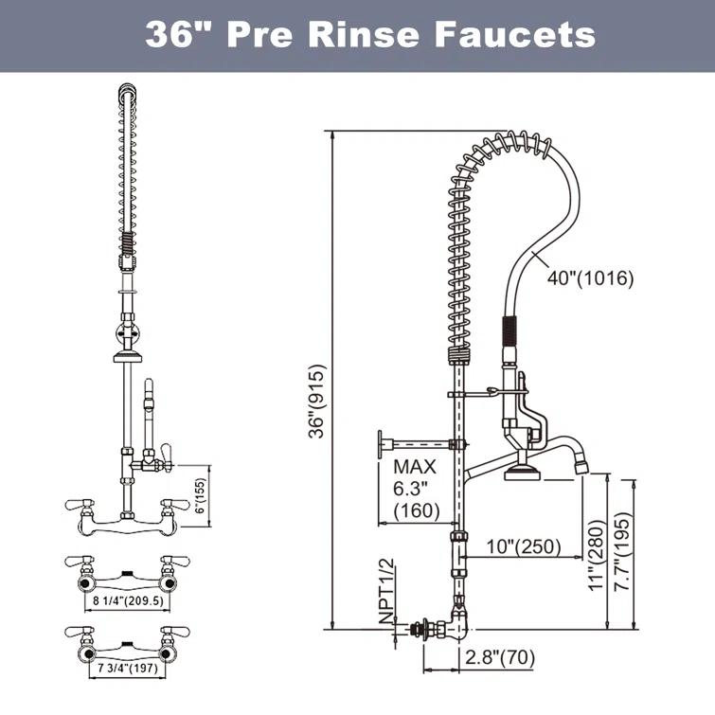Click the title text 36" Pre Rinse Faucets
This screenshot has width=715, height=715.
click(370, 35)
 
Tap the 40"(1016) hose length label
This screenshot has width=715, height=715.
click(590, 278)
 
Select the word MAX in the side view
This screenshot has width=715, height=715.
click(415, 467)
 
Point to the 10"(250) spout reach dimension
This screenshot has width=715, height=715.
click(524, 547)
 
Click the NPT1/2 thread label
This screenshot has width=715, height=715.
click(386, 593)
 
